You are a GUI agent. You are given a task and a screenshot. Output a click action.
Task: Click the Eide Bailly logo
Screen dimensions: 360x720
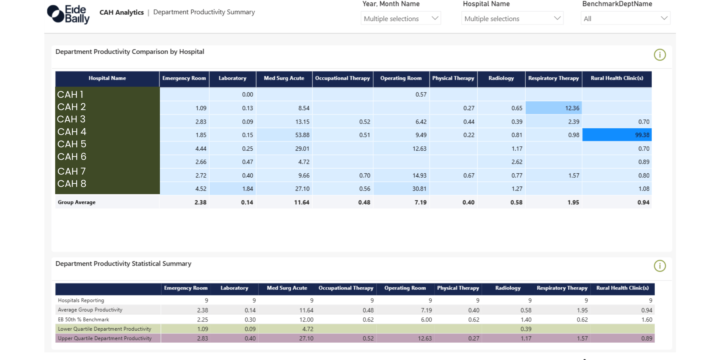coord(68,14)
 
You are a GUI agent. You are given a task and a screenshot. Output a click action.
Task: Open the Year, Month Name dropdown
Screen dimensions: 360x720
coord(400,19)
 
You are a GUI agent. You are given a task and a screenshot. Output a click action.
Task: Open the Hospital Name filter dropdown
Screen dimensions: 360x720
coord(512,19)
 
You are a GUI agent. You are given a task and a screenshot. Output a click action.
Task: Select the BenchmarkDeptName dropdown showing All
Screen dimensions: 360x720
coord(625,19)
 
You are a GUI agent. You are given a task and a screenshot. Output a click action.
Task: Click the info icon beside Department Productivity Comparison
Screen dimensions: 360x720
coord(660,55)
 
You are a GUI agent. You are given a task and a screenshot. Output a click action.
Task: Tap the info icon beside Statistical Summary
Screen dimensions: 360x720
coord(660,266)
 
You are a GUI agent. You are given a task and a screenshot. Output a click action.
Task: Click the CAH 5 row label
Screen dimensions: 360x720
coord(72,144)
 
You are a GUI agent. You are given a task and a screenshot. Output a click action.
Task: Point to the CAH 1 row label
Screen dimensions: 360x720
coord(70,94)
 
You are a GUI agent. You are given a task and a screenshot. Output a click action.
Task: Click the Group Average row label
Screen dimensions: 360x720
coord(76,202)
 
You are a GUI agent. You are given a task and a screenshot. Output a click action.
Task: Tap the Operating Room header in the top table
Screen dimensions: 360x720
coord(401,78)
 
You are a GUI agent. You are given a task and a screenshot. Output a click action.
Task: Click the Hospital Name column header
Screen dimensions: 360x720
coord(107,78)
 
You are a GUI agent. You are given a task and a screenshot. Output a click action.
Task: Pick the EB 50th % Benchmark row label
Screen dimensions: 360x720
coord(83,320)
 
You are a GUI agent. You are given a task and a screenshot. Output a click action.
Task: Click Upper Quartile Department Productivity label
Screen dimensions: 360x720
coord(105,338)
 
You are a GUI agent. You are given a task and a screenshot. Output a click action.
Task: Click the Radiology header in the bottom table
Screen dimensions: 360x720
coord(508,288)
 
